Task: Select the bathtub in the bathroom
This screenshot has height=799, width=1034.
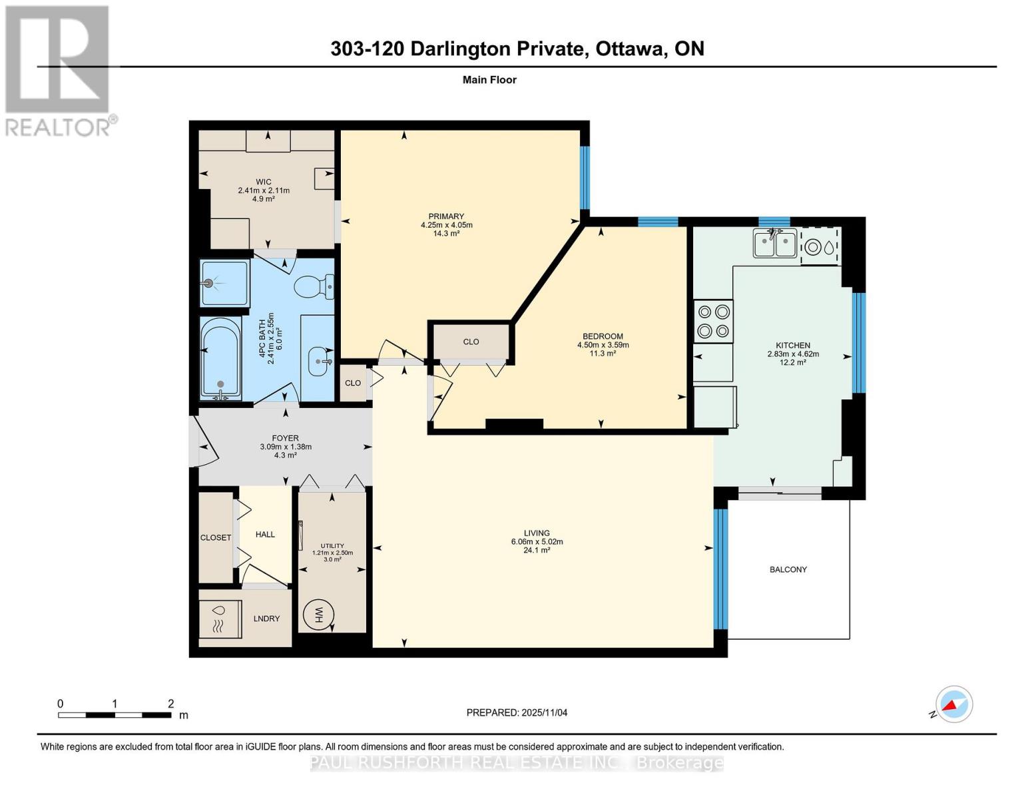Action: tap(220, 358)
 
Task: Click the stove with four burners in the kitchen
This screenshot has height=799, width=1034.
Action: tap(713, 321)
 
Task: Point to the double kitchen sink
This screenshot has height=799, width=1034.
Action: tap(774, 243)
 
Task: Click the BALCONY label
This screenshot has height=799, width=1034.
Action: tap(788, 569)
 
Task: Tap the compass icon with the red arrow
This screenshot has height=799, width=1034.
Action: tap(953, 704)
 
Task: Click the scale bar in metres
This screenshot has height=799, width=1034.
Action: tap(115, 714)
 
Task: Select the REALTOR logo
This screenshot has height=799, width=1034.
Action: tap(59, 71)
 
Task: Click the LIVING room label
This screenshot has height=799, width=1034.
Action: tap(537, 533)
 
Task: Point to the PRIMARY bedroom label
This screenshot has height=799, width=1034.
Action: tap(446, 216)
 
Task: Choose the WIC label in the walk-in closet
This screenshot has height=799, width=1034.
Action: tap(264, 182)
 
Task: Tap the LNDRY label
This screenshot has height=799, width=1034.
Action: tap(266, 618)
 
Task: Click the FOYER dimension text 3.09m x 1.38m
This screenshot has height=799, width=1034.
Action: tap(286, 446)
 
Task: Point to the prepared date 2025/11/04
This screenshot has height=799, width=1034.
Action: tap(545, 712)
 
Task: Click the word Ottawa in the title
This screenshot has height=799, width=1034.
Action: tap(630, 49)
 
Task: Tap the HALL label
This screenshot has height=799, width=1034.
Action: tap(265, 535)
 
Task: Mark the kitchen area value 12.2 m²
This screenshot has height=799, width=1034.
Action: tap(793, 362)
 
